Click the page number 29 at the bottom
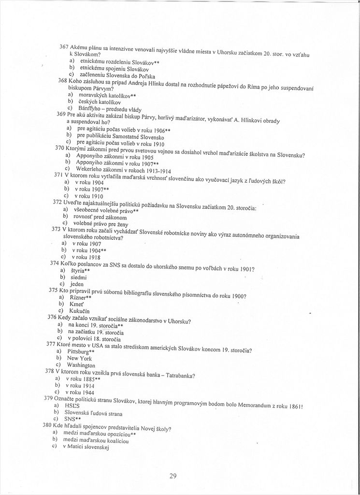point(173,476)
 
